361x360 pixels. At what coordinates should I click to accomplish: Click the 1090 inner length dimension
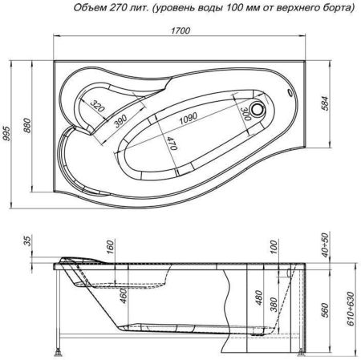186,118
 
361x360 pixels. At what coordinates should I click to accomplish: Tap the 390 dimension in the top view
120,119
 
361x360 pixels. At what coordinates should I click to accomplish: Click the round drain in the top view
259,104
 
